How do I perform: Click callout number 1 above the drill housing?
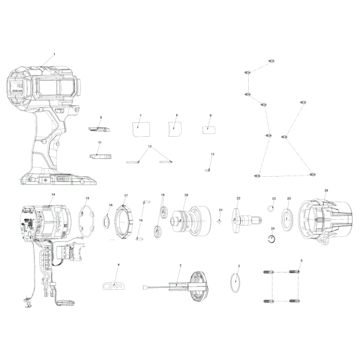(x=54, y=54)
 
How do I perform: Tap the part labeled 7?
(x=141, y=129)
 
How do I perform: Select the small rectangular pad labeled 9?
(x=209, y=130)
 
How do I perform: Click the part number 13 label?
(x=212, y=154)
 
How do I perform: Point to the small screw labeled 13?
(x=208, y=170)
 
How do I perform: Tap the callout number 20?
(x=186, y=195)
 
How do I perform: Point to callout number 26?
(x=326, y=191)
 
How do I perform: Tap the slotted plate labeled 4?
(x=114, y=286)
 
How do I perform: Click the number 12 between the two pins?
(x=150, y=146)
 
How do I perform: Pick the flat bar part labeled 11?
(x=100, y=156)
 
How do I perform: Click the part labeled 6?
(x=99, y=129)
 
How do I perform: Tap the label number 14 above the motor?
(x=53, y=194)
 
